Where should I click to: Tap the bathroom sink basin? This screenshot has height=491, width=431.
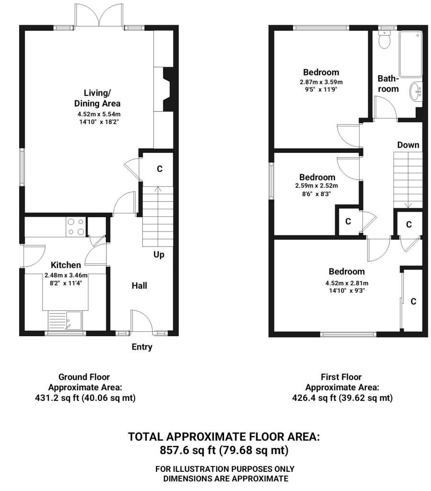(x=416, y=91)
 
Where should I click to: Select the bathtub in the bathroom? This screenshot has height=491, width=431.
(x=410, y=54)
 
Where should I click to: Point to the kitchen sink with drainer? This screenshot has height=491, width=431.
(x=65, y=320)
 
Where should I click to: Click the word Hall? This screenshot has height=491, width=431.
(x=139, y=286)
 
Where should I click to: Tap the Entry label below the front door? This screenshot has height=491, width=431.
(x=142, y=347)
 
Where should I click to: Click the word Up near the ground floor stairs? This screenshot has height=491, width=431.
(x=159, y=255)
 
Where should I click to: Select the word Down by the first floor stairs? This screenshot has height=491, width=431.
(x=408, y=145)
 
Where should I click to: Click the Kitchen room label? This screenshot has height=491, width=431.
(x=66, y=265)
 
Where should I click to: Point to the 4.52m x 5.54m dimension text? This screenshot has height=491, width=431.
(x=99, y=114)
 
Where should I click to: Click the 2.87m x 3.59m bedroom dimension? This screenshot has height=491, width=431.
(x=321, y=82)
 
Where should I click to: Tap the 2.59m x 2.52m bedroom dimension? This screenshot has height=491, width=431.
(x=317, y=186)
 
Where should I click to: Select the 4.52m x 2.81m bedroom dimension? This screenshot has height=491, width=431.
(x=347, y=283)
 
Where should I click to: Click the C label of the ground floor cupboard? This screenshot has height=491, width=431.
(x=159, y=169)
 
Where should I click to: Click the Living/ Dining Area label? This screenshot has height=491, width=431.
(x=97, y=98)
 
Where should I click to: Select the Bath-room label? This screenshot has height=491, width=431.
(x=388, y=83)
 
